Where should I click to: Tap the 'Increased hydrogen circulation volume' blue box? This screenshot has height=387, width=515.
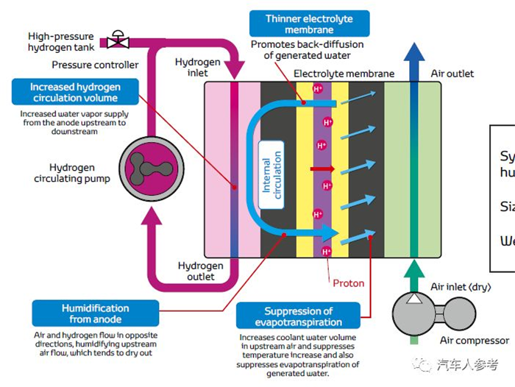coord(75,93)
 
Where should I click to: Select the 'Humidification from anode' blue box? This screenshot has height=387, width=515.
coord(96,313)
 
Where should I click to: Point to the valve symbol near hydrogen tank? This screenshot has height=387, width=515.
coord(117,37)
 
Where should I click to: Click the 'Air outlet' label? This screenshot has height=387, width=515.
coord(452,74)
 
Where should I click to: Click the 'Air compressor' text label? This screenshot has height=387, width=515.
coord(474,341)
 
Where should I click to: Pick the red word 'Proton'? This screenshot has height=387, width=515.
coord(348,283)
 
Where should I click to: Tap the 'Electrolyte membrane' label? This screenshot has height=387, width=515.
coord(344,74)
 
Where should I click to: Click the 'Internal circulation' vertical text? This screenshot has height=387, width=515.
coord(271,175)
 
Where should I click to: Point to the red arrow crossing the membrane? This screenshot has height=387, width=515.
coord(322,168)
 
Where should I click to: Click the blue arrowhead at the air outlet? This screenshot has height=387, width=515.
coord(414,53)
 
